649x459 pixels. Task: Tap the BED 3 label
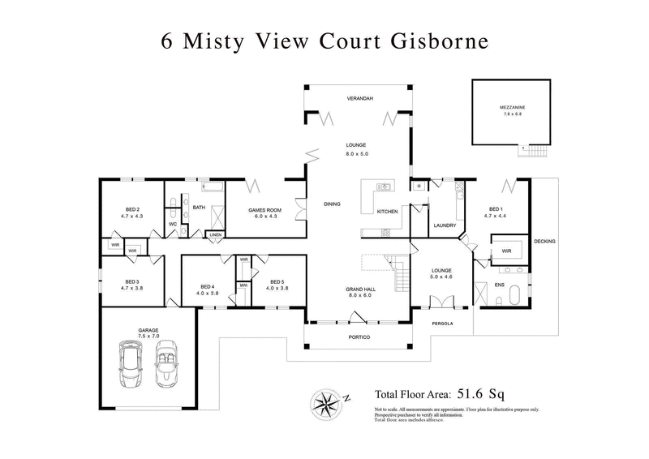point(131,283)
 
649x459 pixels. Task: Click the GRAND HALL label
point(357,290)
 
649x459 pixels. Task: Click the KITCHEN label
point(388,212)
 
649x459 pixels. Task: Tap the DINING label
point(332,204)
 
